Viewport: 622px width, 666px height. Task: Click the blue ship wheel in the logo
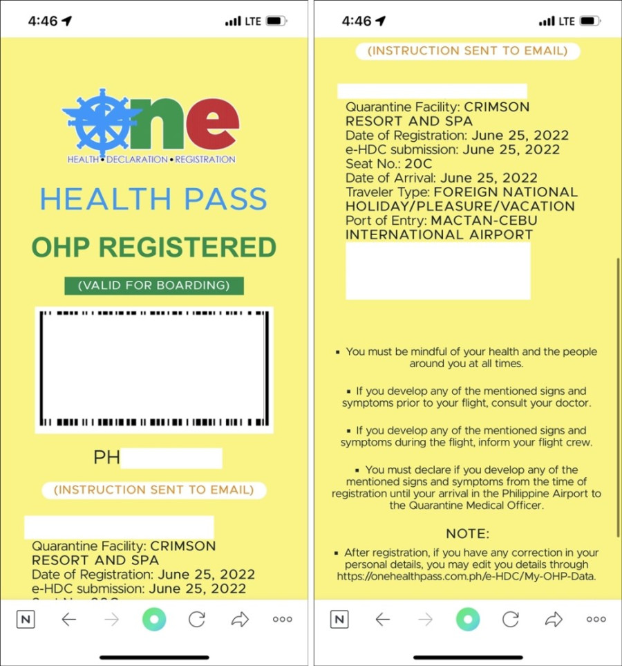tap(102, 121)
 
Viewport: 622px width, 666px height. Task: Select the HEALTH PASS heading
tap(153, 200)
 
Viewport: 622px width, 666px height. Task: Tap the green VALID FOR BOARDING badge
tap(153, 285)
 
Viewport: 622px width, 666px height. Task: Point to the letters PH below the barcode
tap(106, 458)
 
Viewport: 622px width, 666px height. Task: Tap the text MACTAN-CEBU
tap(484, 221)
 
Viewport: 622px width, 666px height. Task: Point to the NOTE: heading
tap(467, 534)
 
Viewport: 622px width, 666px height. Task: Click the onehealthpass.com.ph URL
tap(466, 576)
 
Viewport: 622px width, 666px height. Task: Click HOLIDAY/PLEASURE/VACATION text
tap(460, 206)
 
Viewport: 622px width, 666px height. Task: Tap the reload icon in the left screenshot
tap(197, 620)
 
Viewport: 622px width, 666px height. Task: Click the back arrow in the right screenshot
tap(382, 620)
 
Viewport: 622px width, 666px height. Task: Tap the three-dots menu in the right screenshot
tap(596, 620)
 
